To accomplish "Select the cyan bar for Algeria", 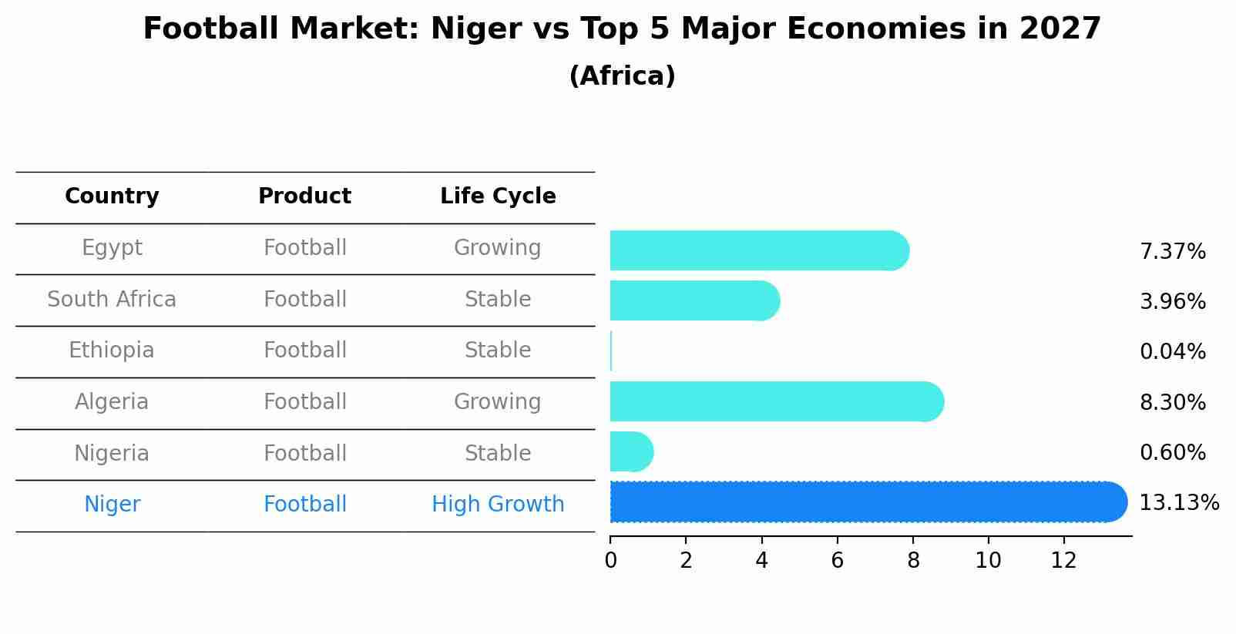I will pos(774,401).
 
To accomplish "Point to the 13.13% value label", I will pos(1178,503).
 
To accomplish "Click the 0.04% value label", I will pos(1172,352).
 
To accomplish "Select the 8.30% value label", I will pos(1172,402).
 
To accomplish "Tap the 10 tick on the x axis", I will pos(988,561).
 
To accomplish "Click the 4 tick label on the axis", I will pos(761,561).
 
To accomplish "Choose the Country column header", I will pos(112,196).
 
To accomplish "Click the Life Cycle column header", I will pos(498,196).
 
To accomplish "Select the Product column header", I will pos(304,196).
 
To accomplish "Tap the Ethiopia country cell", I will pos(112,351).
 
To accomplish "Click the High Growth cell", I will pos(498,505).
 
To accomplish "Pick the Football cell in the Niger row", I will pos(304,505).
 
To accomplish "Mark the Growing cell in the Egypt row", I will pos(498,248).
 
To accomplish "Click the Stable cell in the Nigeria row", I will pos(498,453).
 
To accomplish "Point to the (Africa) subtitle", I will pos(622,76).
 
